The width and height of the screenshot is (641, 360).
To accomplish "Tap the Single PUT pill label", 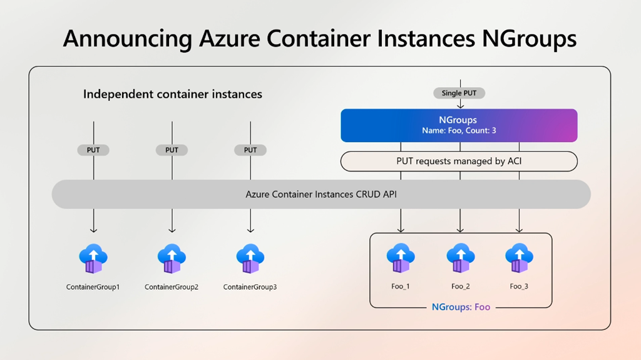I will tap(459, 93).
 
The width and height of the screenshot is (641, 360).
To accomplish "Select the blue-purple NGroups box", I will tap(459, 125).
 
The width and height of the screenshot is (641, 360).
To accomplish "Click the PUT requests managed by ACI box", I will tap(459, 162).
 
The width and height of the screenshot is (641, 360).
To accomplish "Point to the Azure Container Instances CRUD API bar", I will tap(321, 195).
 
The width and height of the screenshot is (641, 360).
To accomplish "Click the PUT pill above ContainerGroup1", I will tap(93, 150).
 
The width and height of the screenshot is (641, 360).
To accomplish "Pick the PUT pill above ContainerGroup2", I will tap(172, 150).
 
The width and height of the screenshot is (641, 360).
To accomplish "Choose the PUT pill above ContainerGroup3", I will tap(250, 150).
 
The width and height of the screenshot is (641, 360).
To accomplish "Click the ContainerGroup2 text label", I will tap(172, 287).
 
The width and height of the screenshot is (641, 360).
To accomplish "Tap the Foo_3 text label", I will tap(519, 287).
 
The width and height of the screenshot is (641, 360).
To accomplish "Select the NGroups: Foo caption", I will tap(461, 307).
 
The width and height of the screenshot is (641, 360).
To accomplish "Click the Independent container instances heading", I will tap(173, 95).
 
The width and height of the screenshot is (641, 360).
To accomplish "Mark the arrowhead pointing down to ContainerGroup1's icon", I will tap(93, 230).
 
